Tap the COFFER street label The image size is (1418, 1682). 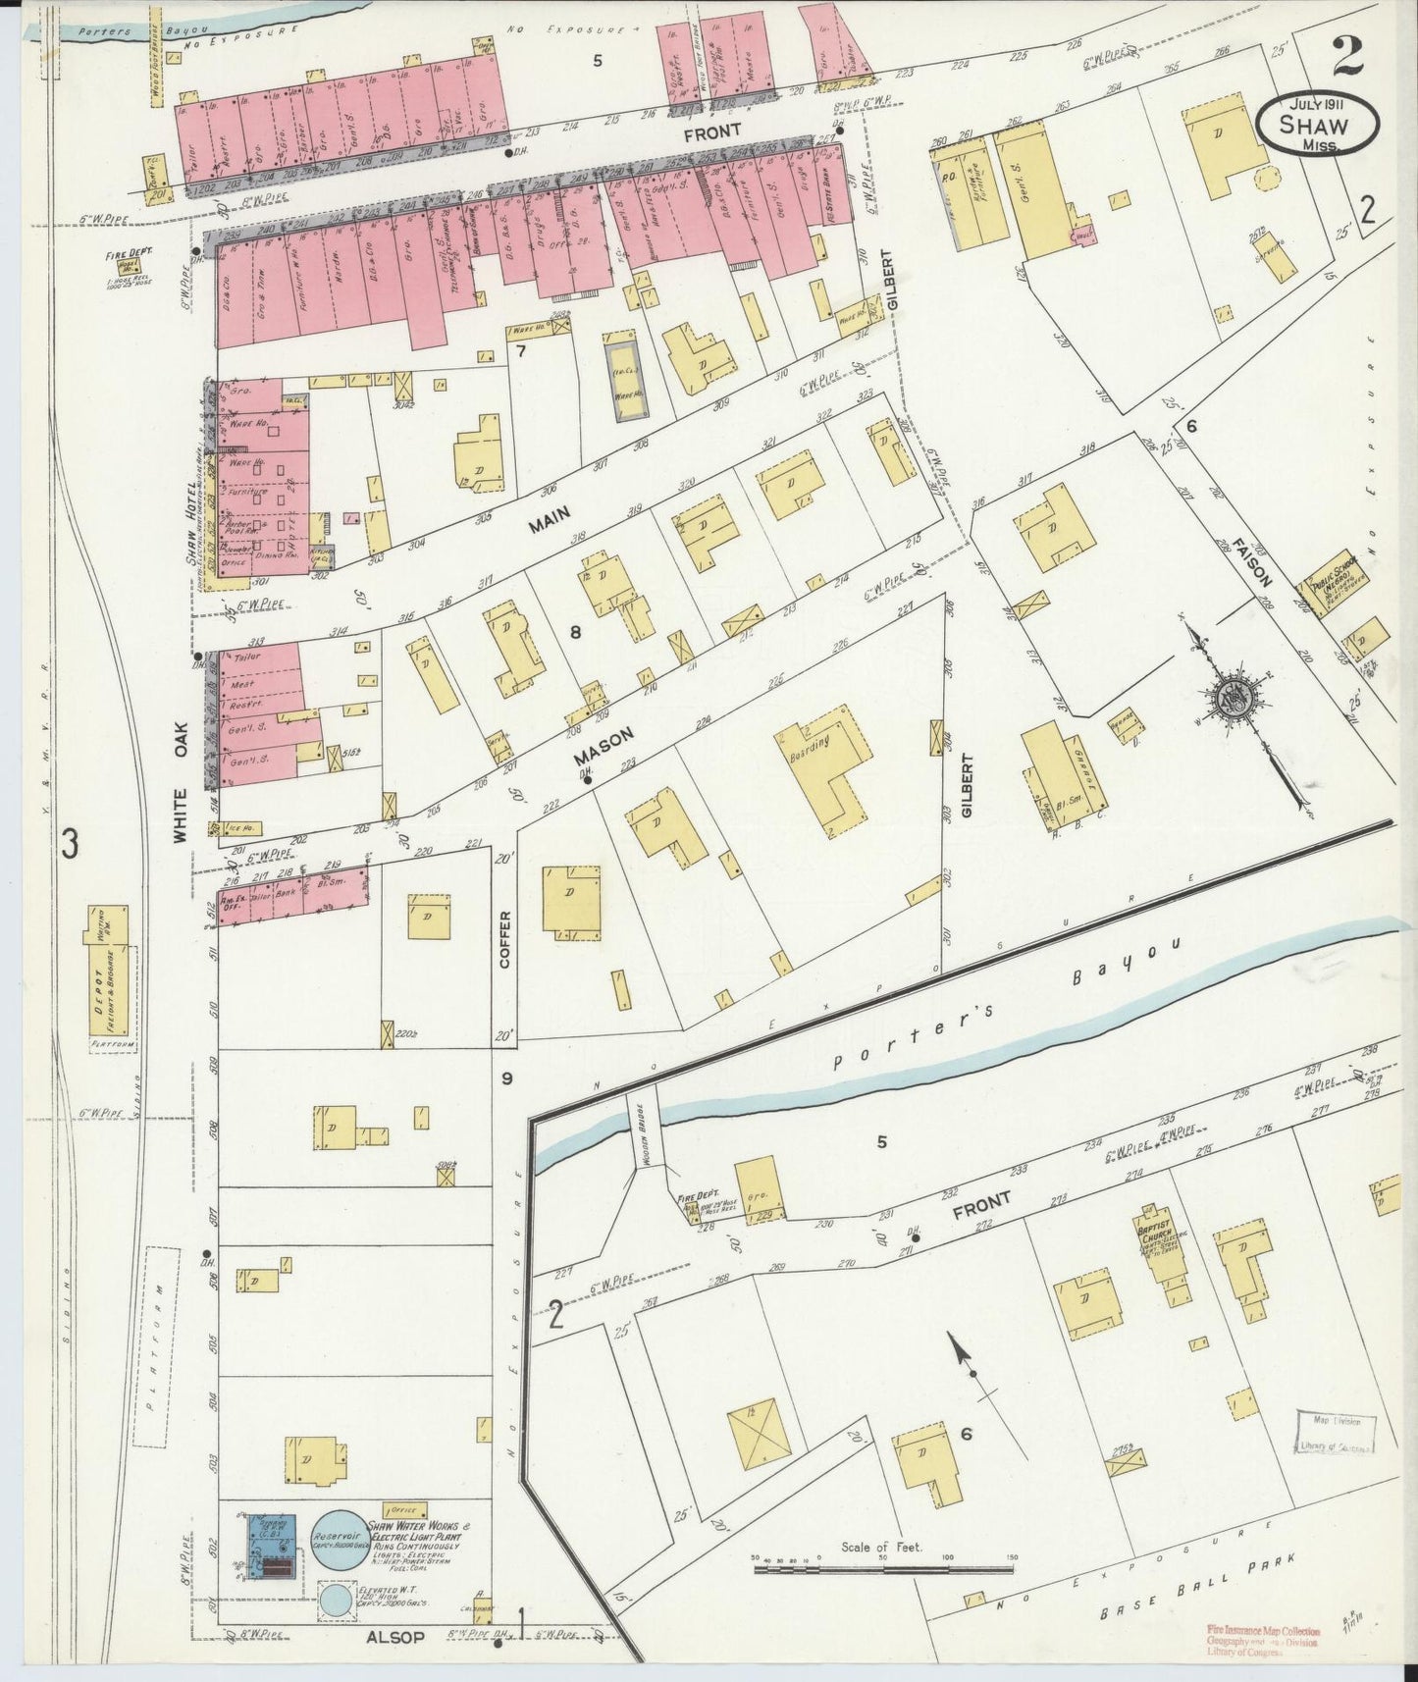tap(505, 940)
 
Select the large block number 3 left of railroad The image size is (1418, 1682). tap(68, 844)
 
